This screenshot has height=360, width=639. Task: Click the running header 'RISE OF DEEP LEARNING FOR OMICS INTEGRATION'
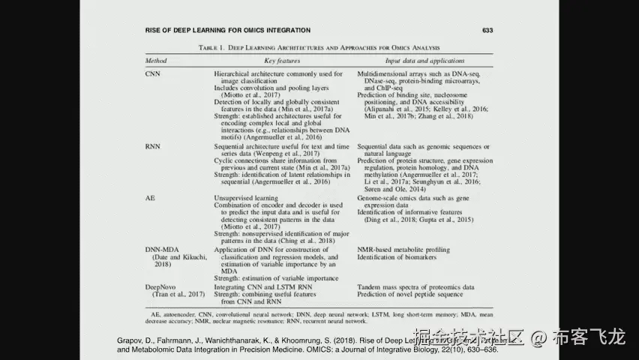pyautogui.click(x=227, y=31)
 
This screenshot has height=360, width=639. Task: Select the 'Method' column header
pyautogui.click(x=156, y=61)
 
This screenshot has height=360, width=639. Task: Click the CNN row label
pyautogui.click(x=152, y=75)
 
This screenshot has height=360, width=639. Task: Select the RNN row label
pyautogui.click(x=152, y=147)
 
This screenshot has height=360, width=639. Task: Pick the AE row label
pyautogui.click(x=150, y=196)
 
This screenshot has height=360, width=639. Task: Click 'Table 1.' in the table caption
pyautogui.click(x=211, y=47)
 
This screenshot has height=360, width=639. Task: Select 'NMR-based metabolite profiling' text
pyautogui.click(x=403, y=249)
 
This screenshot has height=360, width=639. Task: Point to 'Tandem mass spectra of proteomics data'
pyautogui.click(x=415, y=287)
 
